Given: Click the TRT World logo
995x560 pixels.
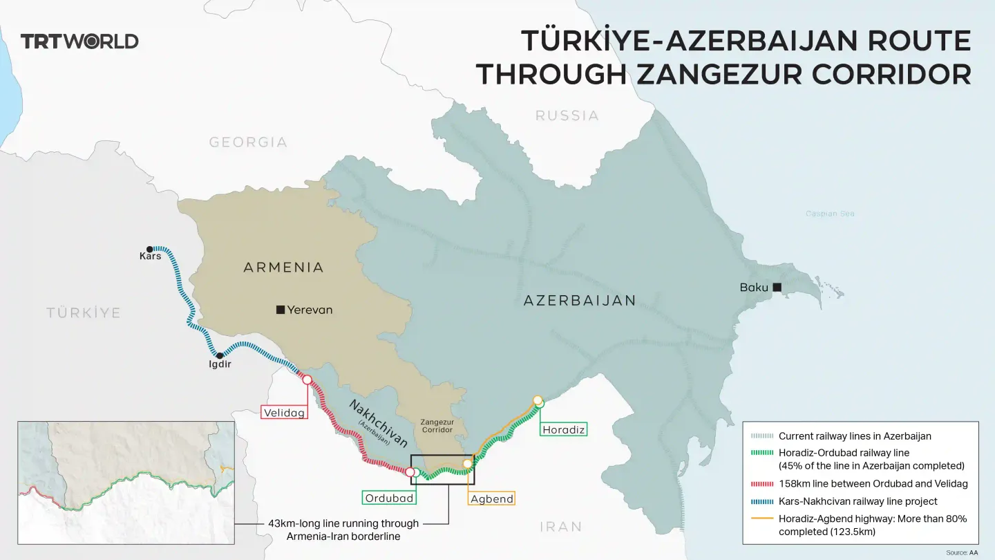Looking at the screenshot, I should click(x=79, y=41).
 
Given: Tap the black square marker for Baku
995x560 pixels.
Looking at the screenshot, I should click(x=777, y=287).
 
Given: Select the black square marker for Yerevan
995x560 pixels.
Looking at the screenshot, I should click(x=281, y=310).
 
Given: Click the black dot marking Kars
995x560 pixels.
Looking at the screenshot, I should click(x=150, y=248).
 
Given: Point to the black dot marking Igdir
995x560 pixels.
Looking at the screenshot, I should click(x=220, y=355).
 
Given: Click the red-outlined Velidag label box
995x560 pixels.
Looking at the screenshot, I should click(x=284, y=413).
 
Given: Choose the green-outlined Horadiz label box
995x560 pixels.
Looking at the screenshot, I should click(x=563, y=429).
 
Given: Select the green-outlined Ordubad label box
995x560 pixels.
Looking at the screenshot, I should click(x=389, y=498).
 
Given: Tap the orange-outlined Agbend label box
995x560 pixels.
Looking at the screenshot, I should click(x=491, y=498).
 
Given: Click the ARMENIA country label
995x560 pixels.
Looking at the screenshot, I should click(x=283, y=268).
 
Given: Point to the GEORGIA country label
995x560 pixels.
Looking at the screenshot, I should click(x=248, y=142).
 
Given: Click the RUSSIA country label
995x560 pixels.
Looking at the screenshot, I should click(x=567, y=115).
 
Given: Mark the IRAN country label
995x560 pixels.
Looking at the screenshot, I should click(x=560, y=527).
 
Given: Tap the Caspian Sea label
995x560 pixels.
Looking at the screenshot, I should click(x=830, y=214).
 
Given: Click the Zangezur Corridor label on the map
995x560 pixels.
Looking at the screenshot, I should click(x=437, y=425).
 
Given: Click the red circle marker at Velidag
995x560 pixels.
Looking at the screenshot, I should click(x=306, y=380).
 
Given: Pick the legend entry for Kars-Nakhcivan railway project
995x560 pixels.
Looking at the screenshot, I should click(x=857, y=501).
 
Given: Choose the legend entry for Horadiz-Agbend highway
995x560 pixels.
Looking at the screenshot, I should click(x=872, y=525).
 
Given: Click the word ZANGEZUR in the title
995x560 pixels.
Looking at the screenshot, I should click(x=719, y=74).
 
